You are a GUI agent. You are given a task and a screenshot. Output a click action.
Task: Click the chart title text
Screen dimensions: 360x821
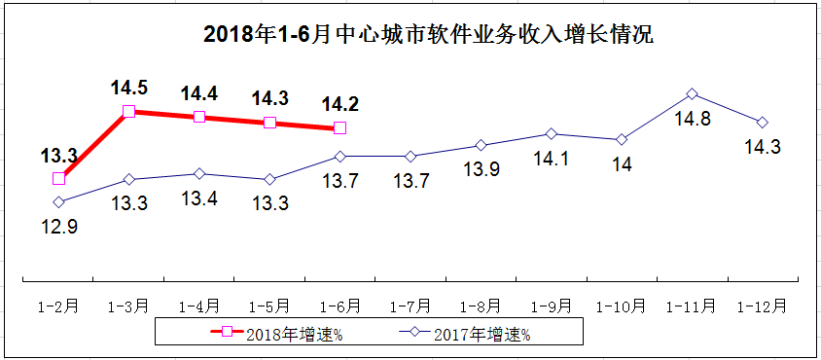pyautogui.click(x=428, y=37)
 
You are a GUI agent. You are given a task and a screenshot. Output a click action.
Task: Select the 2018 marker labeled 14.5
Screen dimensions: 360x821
pyautogui.click(x=128, y=112)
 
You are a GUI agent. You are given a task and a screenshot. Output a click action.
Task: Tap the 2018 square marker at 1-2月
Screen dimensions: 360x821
pyautogui.click(x=58, y=178)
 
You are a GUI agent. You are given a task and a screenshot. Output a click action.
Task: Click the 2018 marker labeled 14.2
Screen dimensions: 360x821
pyautogui.click(x=339, y=128)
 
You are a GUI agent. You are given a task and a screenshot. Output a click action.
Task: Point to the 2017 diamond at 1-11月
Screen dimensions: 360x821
pyautogui.click(x=692, y=93)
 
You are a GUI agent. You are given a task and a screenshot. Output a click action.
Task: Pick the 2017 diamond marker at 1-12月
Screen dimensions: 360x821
pyautogui.click(x=763, y=122)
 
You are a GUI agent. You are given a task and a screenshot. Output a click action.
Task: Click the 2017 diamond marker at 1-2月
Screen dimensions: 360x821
pyautogui.click(x=58, y=202)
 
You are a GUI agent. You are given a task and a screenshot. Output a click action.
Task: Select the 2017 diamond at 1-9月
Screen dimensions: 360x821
pyautogui.click(x=551, y=133)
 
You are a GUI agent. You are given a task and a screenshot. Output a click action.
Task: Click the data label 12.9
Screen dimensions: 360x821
pyautogui.click(x=58, y=227)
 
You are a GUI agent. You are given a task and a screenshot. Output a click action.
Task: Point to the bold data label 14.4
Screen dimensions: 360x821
pyautogui.click(x=198, y=93)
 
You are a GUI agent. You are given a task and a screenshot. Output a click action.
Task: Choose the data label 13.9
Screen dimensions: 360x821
pyautogui.click(x=481, y=169)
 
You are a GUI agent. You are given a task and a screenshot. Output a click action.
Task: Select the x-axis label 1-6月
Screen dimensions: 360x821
pyautogui.click(x=339, y=306)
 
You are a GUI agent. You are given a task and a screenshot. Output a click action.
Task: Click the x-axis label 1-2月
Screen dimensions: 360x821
pyautogui.click(x=58, y=306)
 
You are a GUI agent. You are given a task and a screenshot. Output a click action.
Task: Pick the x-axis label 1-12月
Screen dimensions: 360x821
pyautogui.click(x=763, y=306)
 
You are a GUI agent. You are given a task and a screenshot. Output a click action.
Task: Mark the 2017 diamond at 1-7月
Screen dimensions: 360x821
pyautogui.click(x=410, y=156)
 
